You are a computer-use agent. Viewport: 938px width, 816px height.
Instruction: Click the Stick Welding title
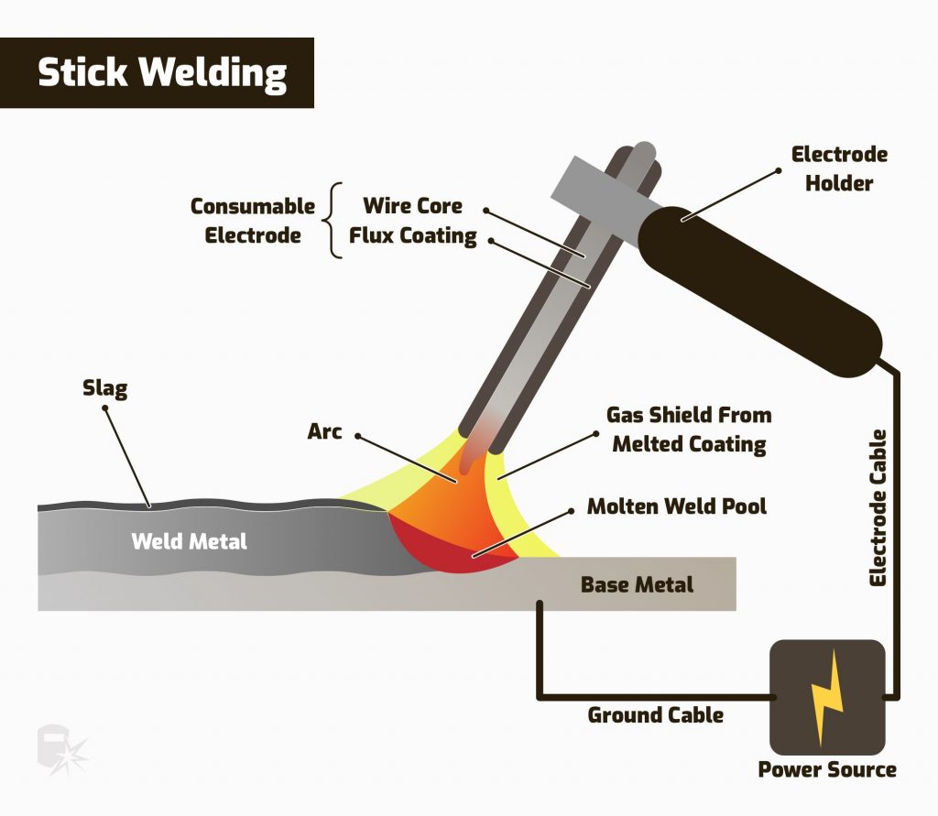(x=162, y=73)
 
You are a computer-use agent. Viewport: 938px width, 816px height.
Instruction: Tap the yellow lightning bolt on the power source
(x=827, y=698)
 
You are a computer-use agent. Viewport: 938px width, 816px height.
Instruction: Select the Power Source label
(x=826, y=769)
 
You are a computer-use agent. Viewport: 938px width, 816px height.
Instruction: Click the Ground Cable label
(x=655, y=714)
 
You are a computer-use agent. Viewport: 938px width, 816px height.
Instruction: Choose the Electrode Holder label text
(x=839, y=169)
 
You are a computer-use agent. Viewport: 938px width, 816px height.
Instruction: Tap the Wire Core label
(x=412, y=205)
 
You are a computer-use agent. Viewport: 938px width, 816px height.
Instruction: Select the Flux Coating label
(x=412, y=236)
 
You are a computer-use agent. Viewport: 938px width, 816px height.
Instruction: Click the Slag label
(x=104, y=389)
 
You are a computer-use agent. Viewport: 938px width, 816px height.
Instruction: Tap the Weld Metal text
(x=189, y=541)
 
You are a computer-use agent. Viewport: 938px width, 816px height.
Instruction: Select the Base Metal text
(x=637, y=584)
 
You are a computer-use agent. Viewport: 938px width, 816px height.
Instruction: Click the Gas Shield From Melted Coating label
(x=689, y=430)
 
